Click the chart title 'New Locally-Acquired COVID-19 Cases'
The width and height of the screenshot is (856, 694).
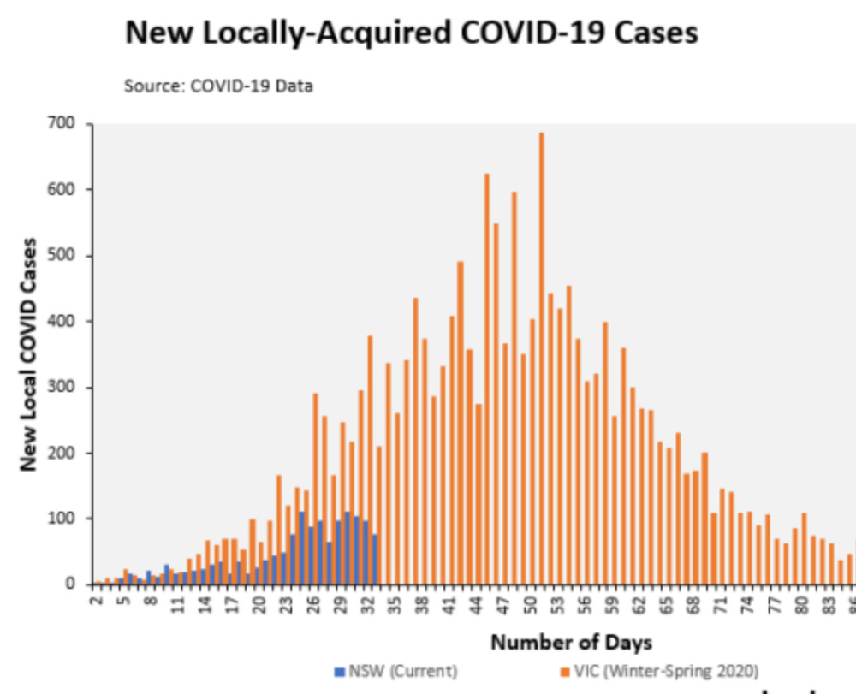pos(411,33)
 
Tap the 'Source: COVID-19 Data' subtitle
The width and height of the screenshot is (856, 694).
pos(218,86)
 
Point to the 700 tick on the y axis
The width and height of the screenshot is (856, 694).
pos(68,124)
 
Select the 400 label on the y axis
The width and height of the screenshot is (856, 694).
pos(68,322)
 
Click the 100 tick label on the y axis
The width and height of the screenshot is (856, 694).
pos(68,519)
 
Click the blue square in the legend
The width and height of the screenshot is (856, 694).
pos(338,671)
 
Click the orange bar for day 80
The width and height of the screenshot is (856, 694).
pos(804,549)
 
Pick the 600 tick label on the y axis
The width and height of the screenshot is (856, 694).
pos(68,190)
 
